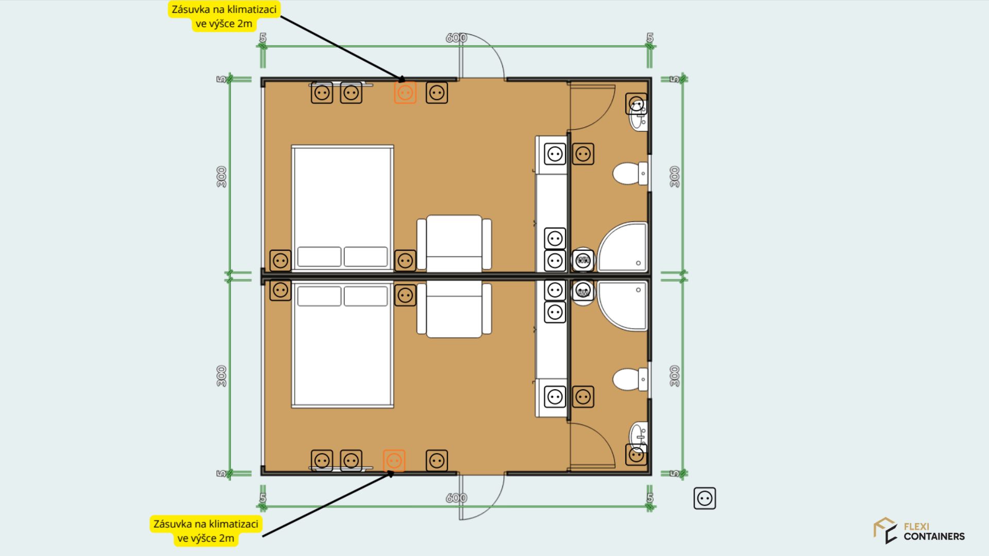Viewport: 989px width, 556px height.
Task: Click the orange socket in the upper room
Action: (405, 93)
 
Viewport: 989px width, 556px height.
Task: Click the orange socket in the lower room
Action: (394, 461)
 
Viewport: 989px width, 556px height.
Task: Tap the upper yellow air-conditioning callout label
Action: (224, 16)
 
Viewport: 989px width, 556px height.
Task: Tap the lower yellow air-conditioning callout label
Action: (206, 531)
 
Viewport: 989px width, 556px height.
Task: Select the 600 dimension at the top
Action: (456, 38)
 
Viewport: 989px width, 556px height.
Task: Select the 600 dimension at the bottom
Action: (456, 498)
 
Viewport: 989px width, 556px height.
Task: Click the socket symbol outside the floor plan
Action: (705, 498)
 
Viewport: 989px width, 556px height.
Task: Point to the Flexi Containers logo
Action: (919, 531)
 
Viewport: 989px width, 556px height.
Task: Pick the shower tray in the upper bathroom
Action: (622, 247)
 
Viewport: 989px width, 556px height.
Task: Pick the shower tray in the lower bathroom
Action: (622, 306)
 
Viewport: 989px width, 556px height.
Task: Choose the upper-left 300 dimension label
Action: (221, 177)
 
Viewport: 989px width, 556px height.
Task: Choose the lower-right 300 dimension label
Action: (675, 376)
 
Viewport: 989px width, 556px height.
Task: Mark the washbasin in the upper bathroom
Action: (638, 115)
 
